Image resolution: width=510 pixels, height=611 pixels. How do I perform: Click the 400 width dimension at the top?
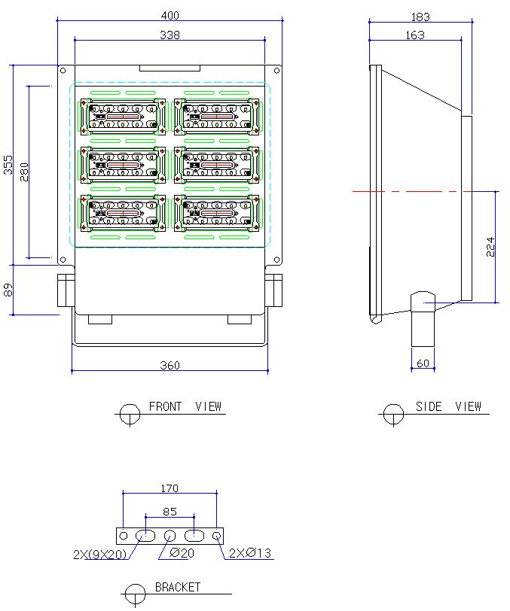click(x=169, y=16)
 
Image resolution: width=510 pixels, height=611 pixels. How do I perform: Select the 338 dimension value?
click(x=169, y=35)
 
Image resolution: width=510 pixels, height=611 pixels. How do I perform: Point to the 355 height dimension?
click(x=8, y=165)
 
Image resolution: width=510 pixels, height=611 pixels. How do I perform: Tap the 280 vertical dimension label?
click(x=24, y=172)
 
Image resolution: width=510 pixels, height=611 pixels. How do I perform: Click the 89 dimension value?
click(x=8, y=289)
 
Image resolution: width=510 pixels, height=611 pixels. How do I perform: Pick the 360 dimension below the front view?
click(x=170, y=365)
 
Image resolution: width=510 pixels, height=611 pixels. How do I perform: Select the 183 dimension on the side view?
click(x=420, y=17)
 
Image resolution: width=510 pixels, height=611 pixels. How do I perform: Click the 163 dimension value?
click(x=414, y=35)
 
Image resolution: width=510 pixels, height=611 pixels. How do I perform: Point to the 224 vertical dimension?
click(x=490, y=246)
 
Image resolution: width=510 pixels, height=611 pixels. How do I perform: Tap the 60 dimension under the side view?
click(x=423, y=363)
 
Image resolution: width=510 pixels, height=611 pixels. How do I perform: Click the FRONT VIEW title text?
click(x=185, y=406)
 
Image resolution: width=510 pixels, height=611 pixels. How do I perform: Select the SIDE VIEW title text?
click(x=448, y=406)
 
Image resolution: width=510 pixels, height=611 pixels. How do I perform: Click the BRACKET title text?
click(x=178, y=587)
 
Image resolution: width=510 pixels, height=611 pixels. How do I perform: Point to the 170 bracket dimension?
click(x=169, y=488)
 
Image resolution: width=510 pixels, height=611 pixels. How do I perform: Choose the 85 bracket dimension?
click(x=169, y=512)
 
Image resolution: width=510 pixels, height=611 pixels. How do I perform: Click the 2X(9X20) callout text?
click(x=99, y=555)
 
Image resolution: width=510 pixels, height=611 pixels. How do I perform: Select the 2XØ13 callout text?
click(x=250, y=555)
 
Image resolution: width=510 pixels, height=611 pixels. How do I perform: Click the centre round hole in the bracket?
click(x=169, y=536)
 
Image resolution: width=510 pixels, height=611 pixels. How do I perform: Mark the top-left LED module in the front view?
click(x=124, y=116)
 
